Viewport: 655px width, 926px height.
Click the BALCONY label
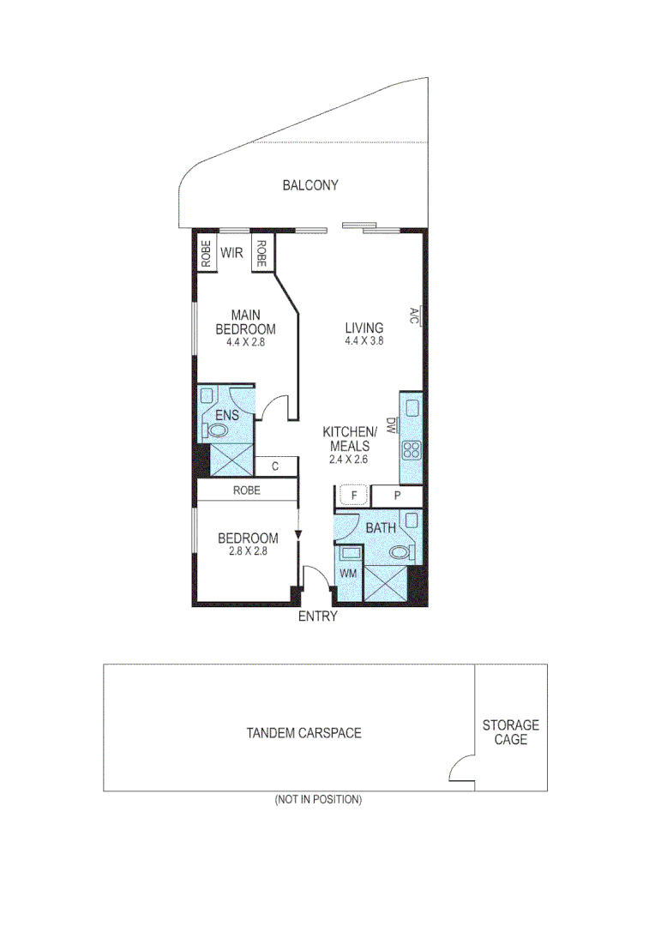pos(310,185)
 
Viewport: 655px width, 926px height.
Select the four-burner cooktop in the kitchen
pos(411,451)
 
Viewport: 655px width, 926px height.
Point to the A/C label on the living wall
pos(414,316)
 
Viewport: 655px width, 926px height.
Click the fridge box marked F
pos(352,496)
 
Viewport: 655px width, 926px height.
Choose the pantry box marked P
pos(397,496)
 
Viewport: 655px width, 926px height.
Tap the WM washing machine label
pos(348,571)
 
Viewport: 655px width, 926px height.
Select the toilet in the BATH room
pos(400,553)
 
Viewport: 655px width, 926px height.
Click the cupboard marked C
pos(275,467)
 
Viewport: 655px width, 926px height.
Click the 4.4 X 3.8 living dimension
pos(364,341)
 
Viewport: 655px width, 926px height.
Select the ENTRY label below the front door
pos(317,616)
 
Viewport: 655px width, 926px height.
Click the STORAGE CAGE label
pos(511,732)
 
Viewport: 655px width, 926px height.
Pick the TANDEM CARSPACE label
pos(303,733)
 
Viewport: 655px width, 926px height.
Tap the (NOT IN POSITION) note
pos(318,799)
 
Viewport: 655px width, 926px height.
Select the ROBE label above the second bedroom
pos(246,491)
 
